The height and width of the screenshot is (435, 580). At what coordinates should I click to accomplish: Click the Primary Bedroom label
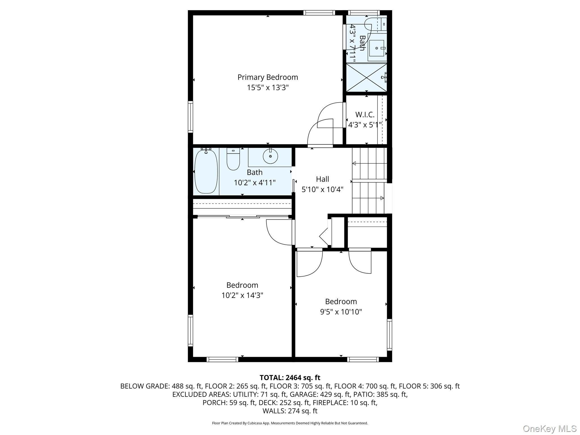[x=268, y=77]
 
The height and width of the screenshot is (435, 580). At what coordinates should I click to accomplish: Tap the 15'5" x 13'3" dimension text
[x=268, y=88]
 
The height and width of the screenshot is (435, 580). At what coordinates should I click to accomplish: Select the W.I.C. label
[x=365, y=115]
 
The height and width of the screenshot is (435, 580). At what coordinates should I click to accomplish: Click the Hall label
[x=323, y=179]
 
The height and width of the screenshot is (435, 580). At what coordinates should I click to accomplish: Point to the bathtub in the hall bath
[x=206, y=171]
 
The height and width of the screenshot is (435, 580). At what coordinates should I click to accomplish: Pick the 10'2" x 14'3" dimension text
[x=242, y=295]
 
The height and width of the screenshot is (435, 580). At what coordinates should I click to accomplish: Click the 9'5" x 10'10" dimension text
[x=341, y=312]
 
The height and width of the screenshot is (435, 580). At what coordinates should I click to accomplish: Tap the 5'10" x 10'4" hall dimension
[x=323, y=189]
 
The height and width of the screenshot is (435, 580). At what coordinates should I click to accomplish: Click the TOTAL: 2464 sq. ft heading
[x=290, y=378]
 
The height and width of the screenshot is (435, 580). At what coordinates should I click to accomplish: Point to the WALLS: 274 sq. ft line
[x=290, y=411]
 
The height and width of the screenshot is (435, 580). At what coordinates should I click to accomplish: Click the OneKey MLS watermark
[x=549, y=428]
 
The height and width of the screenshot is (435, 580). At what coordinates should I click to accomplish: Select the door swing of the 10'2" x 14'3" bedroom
[x=279, y=233]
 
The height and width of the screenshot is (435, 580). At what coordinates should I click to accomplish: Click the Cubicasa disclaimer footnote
[x=290, y=423]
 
